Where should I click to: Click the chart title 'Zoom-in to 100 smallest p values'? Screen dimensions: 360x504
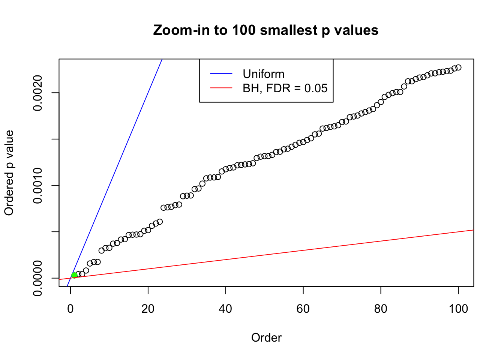point(265,30)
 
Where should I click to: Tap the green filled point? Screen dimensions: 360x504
point(74,275)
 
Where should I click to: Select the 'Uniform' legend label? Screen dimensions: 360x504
point(263,74)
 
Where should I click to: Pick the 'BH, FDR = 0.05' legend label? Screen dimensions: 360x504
point(285,88)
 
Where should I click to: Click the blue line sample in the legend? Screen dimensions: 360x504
point(221,74)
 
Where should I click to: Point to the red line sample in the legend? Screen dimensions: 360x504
point(221,88)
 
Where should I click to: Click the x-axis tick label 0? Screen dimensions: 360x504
point(70,309)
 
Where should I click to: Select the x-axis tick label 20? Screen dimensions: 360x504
point(148,309)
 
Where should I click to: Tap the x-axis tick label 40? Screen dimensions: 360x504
point(226,309)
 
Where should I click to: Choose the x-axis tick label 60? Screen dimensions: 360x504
point(303,309)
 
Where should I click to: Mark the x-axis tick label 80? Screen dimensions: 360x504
point(381,309)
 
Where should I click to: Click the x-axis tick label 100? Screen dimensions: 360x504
point(458,309)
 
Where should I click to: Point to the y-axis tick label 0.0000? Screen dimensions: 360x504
point(38,278)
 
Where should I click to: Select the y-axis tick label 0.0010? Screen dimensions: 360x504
point(38,185)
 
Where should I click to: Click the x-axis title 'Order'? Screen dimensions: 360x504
point(266,337)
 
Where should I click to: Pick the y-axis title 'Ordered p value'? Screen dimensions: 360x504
point(9,173)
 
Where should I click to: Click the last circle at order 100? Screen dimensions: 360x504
point(458,67)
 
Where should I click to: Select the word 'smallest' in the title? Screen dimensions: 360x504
point(288,30)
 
